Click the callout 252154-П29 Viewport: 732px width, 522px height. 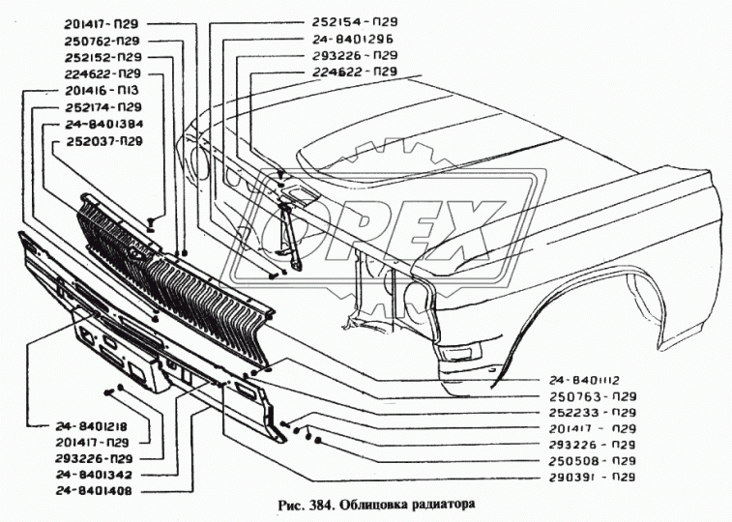point(354,21)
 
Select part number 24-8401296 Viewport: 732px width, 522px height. point(354,39)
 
